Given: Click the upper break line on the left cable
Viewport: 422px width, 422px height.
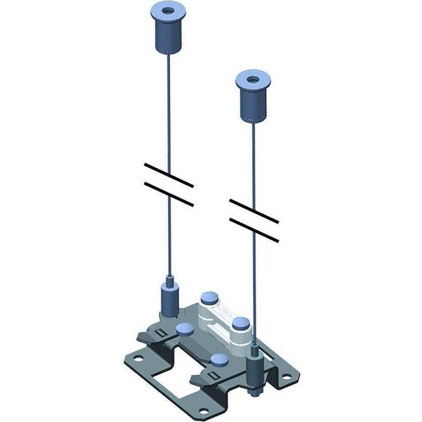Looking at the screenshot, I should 169,175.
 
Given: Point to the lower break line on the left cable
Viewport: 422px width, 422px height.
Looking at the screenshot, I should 169,196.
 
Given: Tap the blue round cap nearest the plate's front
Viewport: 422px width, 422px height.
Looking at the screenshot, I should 220,360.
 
